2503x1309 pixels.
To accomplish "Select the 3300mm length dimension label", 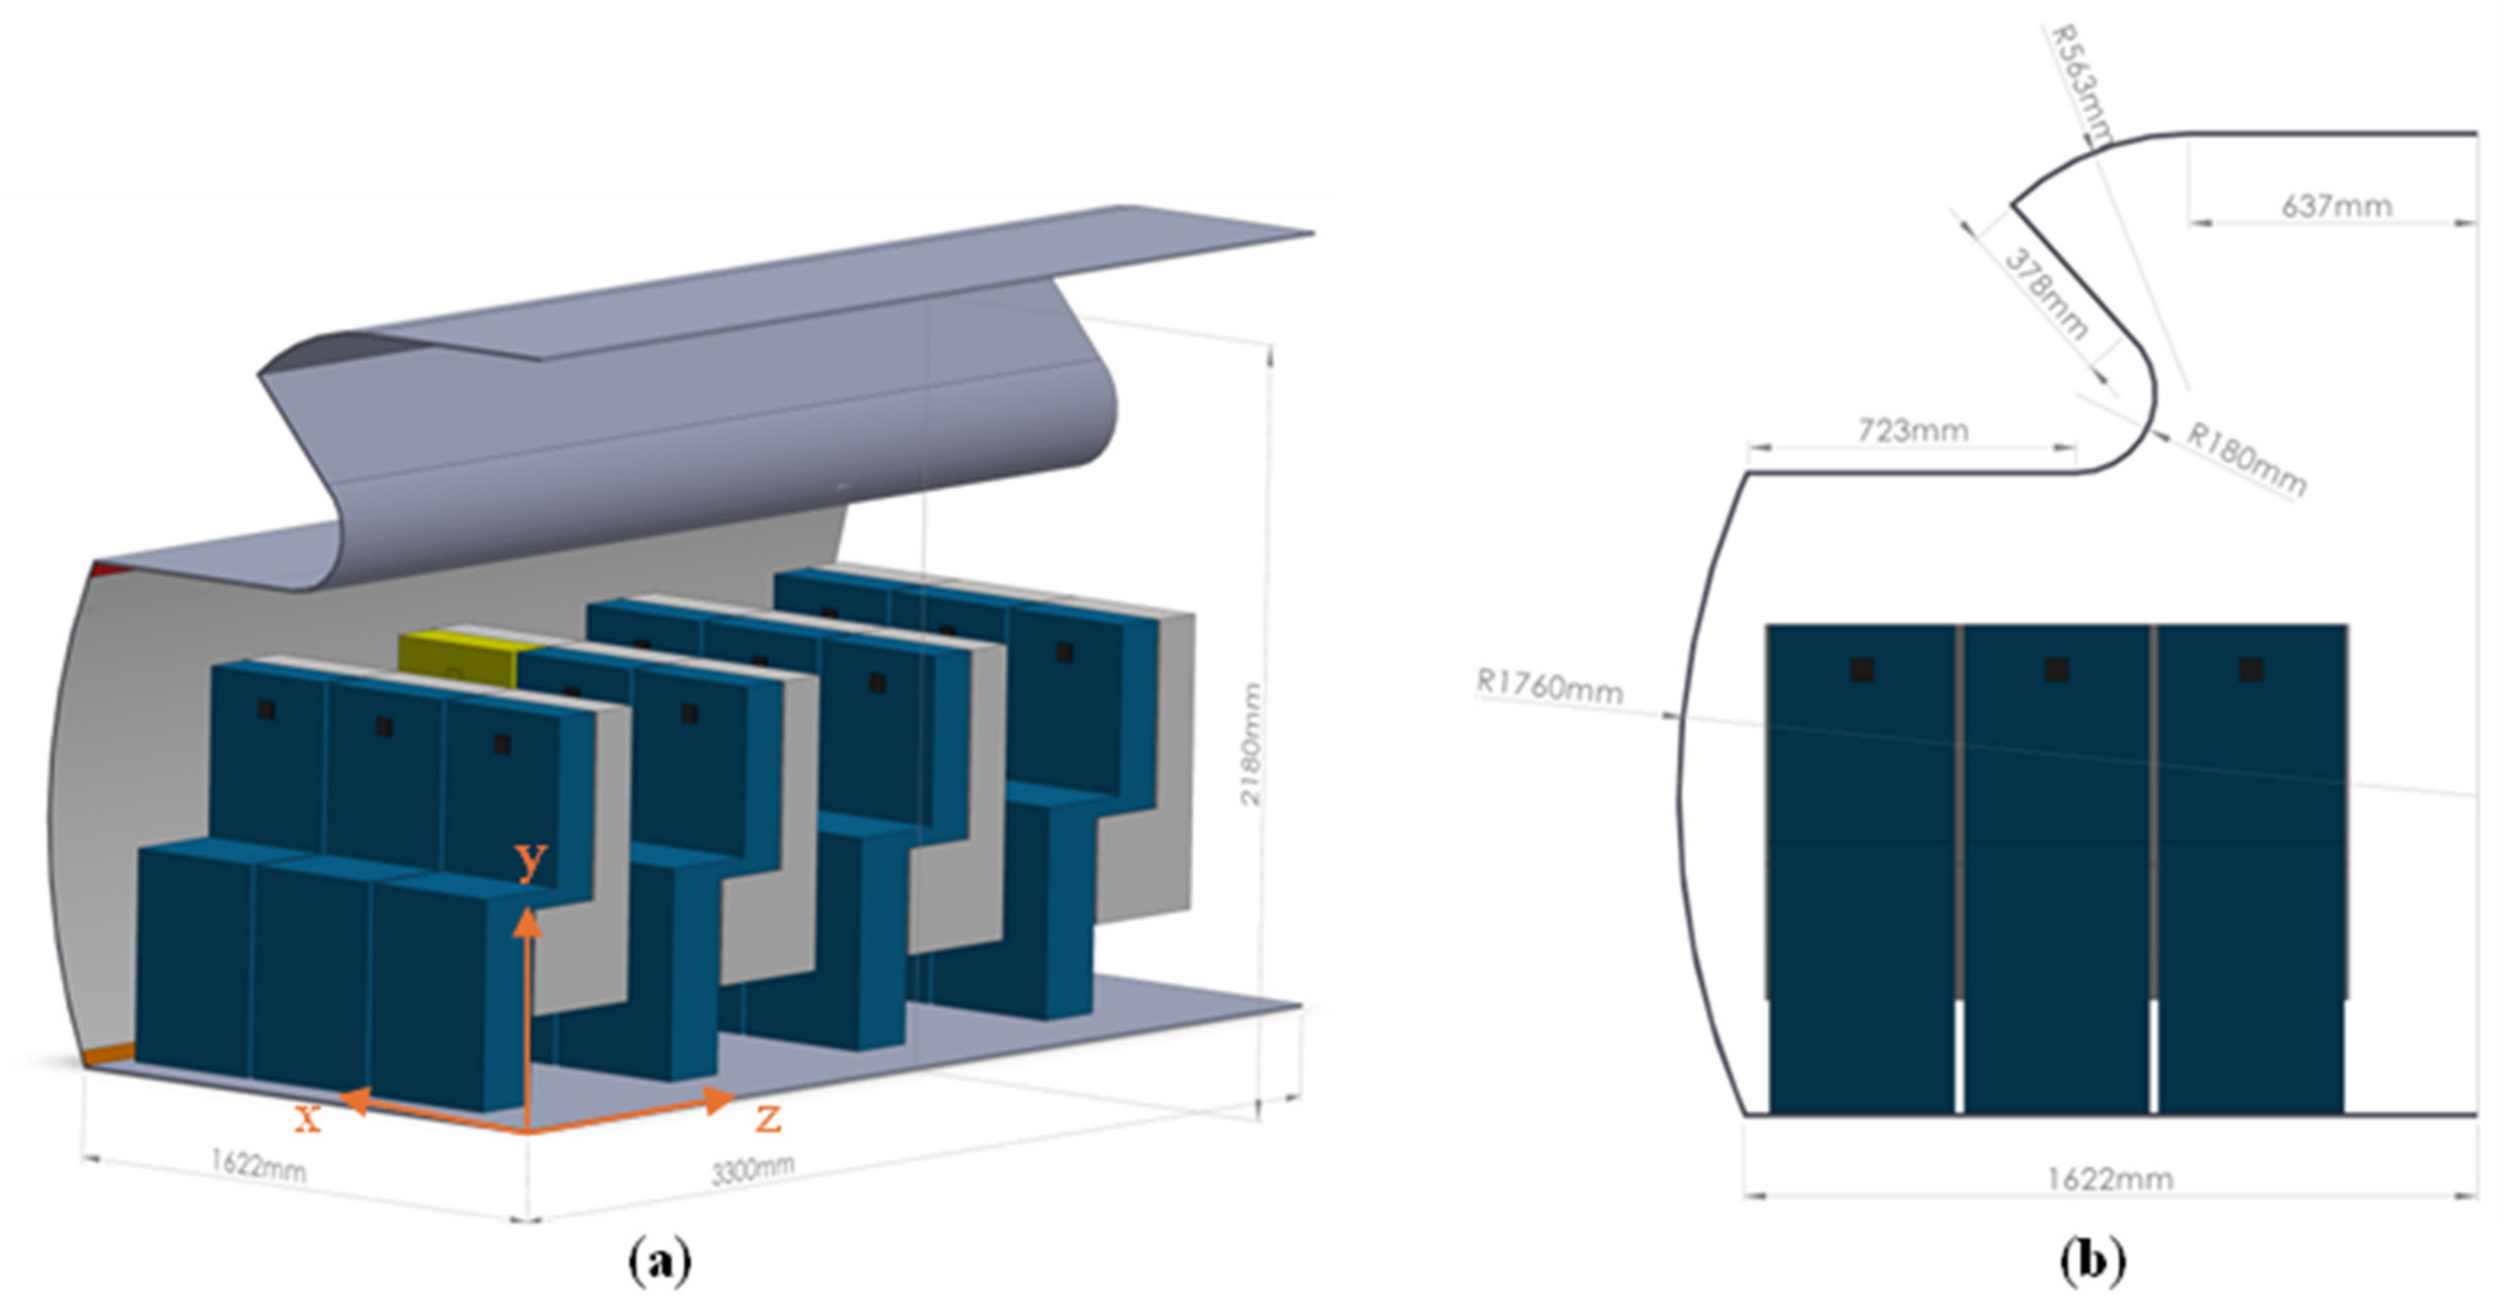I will click(753, 1169).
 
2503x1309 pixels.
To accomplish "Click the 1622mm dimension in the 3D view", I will click(259, 1164).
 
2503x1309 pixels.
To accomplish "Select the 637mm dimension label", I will click(2336, 206).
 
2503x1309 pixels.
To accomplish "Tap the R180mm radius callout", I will click(2245, 460).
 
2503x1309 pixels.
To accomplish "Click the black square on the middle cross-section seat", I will click(2056, 669).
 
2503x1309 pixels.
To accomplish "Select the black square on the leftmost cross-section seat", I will click(1862, 669).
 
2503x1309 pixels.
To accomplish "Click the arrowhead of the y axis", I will click(527, 921).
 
